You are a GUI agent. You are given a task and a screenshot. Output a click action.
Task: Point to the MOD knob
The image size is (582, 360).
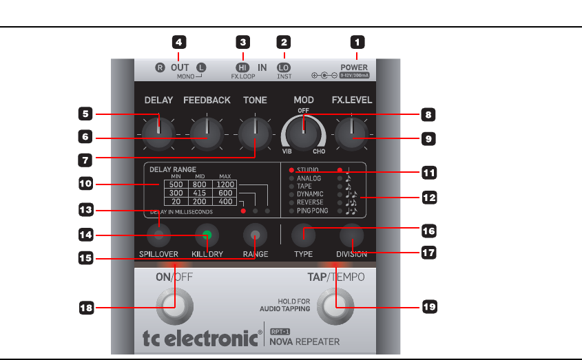pos(302,130)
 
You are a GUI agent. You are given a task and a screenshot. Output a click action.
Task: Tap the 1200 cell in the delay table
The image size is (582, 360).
pos(226,184)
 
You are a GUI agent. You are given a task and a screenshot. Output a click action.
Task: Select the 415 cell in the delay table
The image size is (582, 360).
pos(202,193)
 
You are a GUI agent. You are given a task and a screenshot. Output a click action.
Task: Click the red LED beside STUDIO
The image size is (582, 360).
pos(292,169)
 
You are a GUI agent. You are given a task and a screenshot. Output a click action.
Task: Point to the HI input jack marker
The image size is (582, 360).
pos(242,68)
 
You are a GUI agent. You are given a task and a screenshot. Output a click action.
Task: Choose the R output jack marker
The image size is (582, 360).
pos(160,68)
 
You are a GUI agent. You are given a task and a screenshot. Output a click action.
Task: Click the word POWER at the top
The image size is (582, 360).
pos(354,68)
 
